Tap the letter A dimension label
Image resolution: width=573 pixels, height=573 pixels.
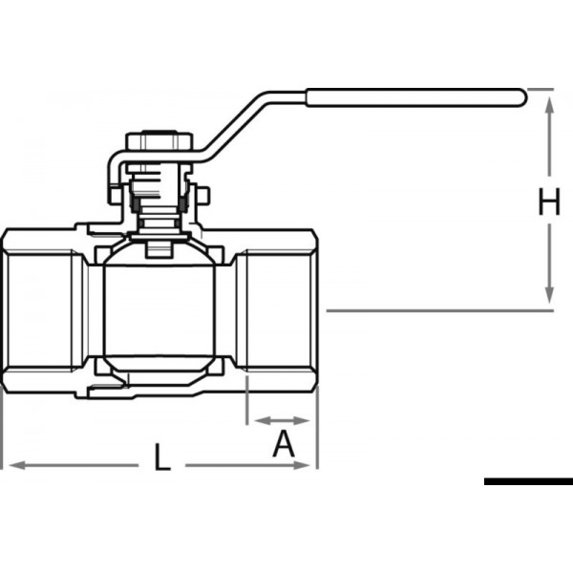click(283, 444)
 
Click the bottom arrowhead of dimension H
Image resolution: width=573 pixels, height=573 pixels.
click(549, 298)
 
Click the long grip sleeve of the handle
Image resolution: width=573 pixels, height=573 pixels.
click(414, 96)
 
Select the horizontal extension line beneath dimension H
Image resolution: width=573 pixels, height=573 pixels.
click(439, 310)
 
